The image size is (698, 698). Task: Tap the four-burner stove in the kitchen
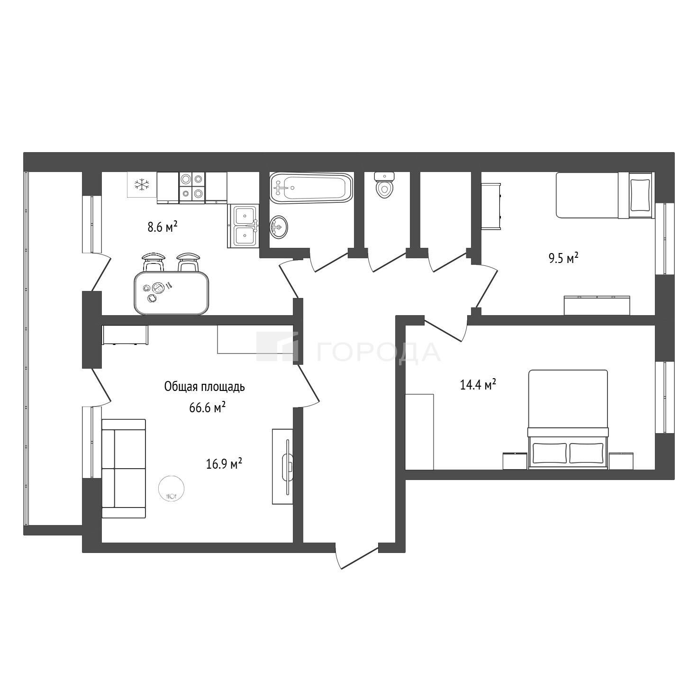coord(192,186)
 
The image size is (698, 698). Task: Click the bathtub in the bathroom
coord(311,187)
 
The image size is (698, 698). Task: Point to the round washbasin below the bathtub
coord(279,227)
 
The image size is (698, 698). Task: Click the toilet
coord(384,185)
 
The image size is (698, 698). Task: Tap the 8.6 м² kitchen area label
coord(162,227)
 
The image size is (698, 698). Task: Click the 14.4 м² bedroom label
coord(478,385)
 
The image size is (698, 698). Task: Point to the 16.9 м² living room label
coord(224,463)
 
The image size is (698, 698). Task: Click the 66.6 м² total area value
coord(208,408)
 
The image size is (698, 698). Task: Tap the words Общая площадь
coord(205,387)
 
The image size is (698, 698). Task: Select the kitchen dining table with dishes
coord(172,293)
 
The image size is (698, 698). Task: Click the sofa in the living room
coord(124,468)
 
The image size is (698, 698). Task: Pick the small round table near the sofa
coord(172,488)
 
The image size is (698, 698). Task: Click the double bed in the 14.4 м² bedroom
coord(568,419)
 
